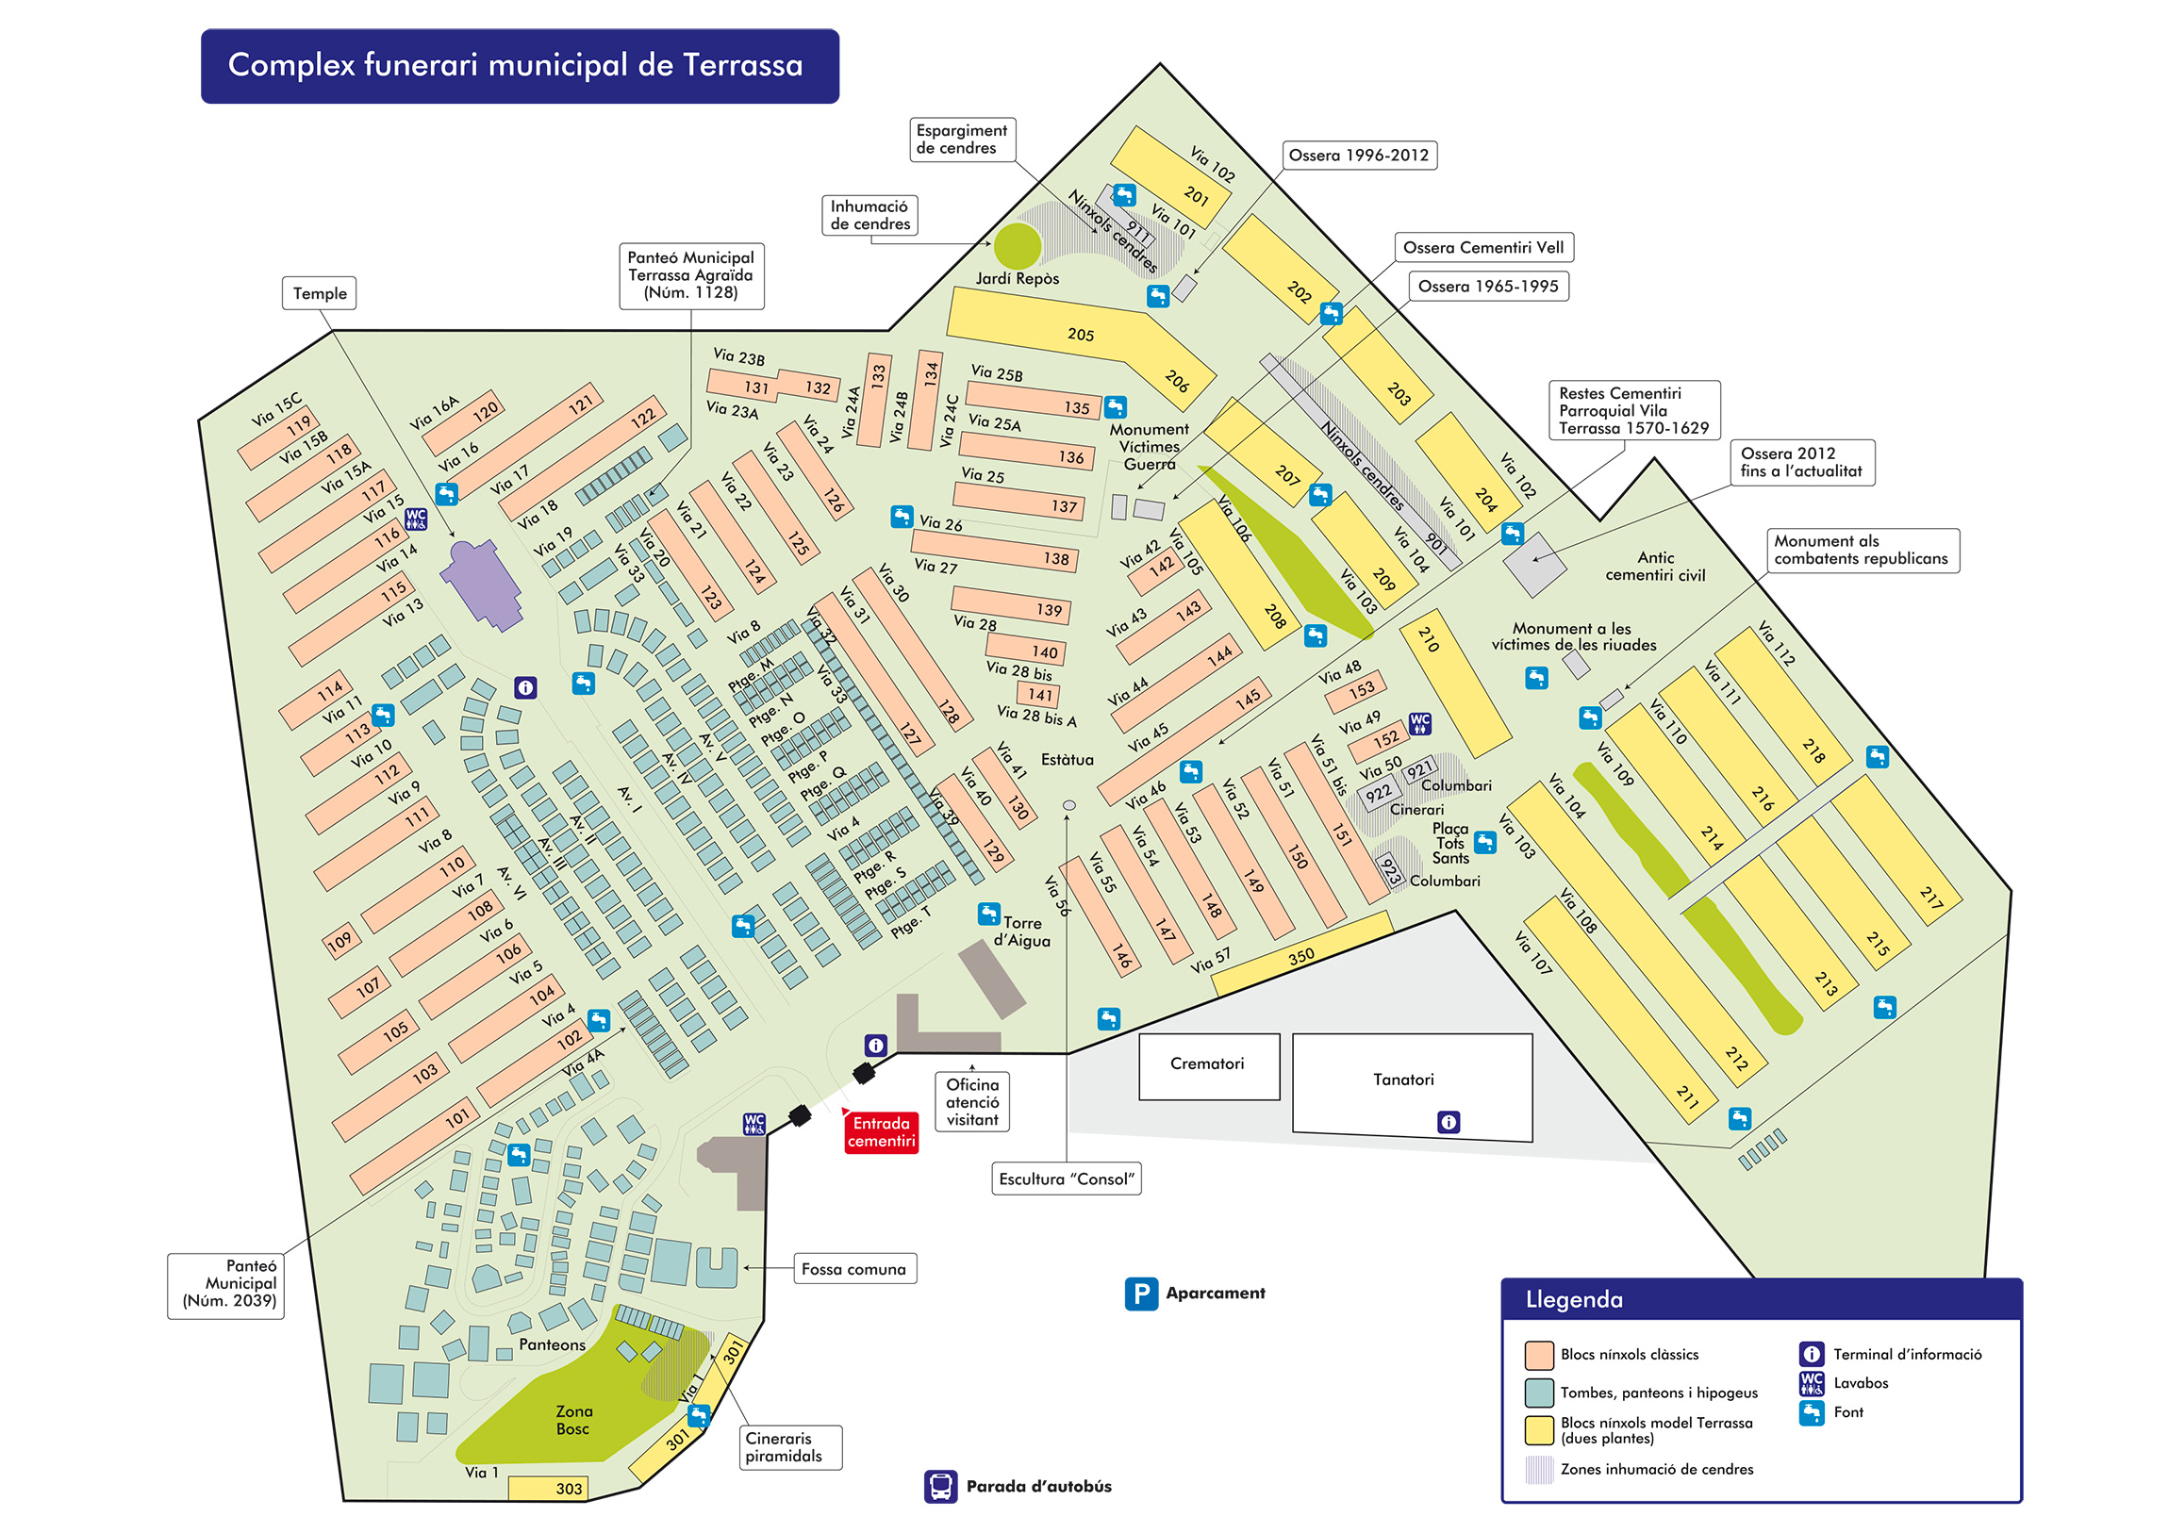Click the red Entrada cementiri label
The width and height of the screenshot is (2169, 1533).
click(x=881, y=1131)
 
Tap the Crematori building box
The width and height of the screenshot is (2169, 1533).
click(x=1208, y=1065)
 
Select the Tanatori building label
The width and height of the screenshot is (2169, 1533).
click(x=1403, y=1080)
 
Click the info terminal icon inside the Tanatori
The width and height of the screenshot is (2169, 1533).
click(x=1449, y=1122)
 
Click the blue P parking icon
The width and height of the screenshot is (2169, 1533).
click(x=1141, y=1294)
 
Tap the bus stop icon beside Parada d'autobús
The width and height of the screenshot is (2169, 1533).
click(x=940, y=1487)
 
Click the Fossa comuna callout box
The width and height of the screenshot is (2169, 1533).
click(x=854, y=1269)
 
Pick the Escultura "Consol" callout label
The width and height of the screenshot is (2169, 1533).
click(x=1067, y=1179)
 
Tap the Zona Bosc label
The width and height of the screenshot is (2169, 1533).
click(x=573, y=1420)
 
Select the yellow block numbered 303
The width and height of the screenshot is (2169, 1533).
click(x=549, y=1489)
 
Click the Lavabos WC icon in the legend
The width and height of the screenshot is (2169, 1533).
click(x=1811, y=1384)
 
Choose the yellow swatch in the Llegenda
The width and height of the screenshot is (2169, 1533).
click(x=1539, y=1430)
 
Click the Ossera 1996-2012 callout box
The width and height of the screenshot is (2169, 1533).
click(x=1359, y=155)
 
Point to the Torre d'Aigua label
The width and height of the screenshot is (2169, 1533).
click(x=1022, y=931)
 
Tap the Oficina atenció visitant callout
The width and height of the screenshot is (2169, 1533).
click(x=972, y=1102)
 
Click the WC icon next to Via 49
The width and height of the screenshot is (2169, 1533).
click(x=1419, y=724)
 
